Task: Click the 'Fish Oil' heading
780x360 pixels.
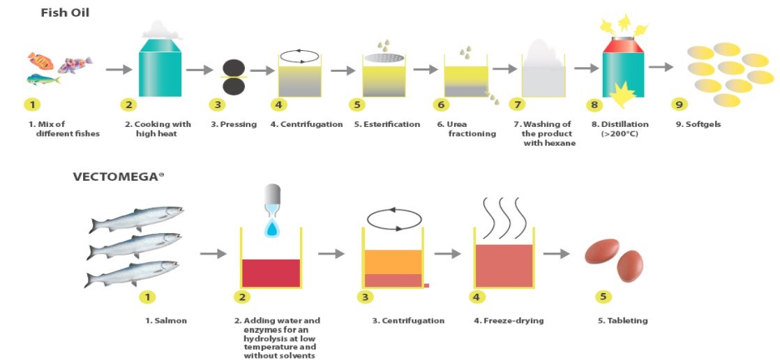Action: coord(65,13)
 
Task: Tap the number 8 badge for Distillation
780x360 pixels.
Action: coord(594,105)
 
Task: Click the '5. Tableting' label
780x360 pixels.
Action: coord(622,321)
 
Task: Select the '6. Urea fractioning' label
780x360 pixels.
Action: coord(467,129)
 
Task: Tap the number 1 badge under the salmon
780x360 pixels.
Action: coord(147,297)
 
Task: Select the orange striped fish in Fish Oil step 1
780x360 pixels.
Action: coord(40,61)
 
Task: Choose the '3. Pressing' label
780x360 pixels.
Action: coord(234,124)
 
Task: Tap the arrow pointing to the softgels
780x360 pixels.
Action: coord(660,68)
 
